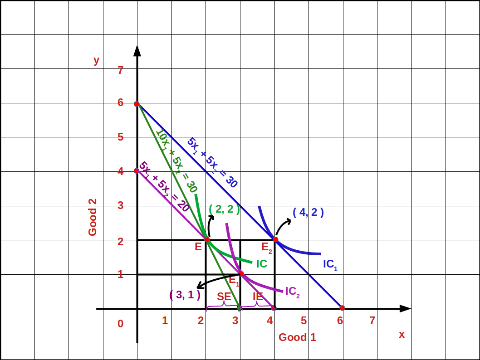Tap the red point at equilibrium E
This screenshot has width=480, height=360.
pyautogui.click(x=207, y=239)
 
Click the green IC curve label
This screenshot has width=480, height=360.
pyautogui.click(x=261, y=263)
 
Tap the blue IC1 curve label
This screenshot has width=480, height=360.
pyautogui.click(x=330, y=264)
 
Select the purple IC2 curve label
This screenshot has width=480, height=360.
pyautogui.click(x=292, y=292)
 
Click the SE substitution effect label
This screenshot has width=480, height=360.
pyautogui.click(x=224, y=297)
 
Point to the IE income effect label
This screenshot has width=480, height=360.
pyautogui.click(x=258, y=297)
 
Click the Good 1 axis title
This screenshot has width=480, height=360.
pyautogui.click(x=297, y=337)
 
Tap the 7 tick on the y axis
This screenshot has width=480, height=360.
pyautogui.click(x=120, y=70)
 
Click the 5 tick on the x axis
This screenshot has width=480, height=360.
pyautogui.click(x=304, y=321)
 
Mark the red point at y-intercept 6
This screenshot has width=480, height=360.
pyautogui.click(x=137, y=104)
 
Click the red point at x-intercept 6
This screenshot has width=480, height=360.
pyautogui.click(x=342, y=308)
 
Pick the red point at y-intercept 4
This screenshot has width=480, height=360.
pyautogui.click(x=137, y=171)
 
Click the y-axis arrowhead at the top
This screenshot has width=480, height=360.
pyautogui.click(x=137, y=50)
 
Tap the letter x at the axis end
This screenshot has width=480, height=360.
pyautogui.click(x=402, y=335)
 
